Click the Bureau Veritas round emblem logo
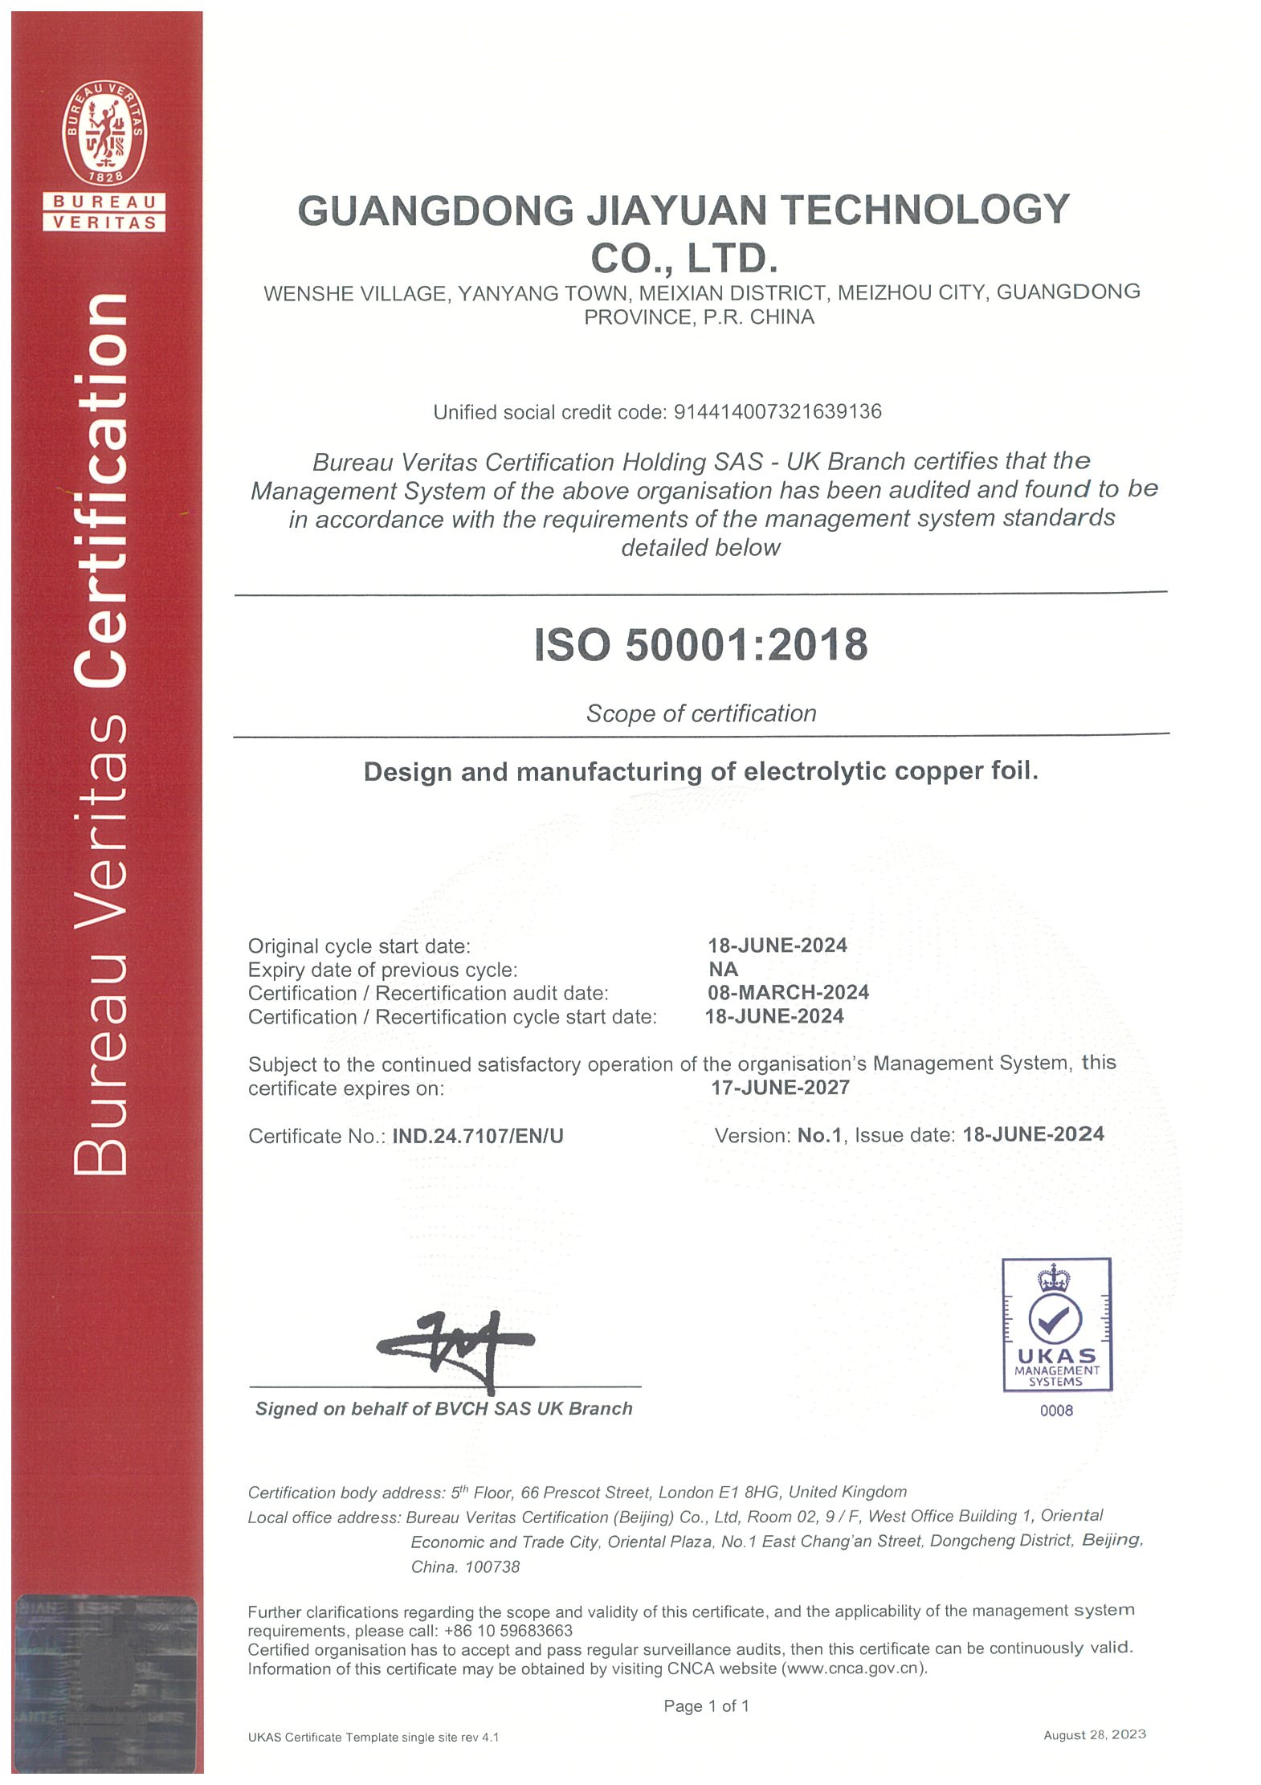[x=104, y=133]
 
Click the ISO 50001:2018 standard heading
[x=700, y=645]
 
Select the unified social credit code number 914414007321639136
[x=777, y=412]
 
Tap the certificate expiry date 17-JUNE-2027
[x=780, y=1088]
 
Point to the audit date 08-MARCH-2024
[x=788, y=992]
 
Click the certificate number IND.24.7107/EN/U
[x=478, y=1136]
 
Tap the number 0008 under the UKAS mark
[x=1056, y=1411]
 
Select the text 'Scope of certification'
[x=700, y=713]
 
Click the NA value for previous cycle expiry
[x=723, y=969]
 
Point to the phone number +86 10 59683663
[x=508, y=1631]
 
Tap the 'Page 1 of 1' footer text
[x=706, y=1705]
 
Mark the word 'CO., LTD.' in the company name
[x=684, y=259]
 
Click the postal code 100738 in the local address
[x=492, y=1566]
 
